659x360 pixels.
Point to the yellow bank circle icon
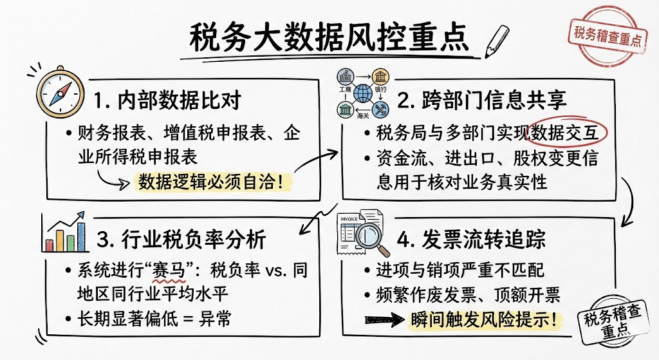tap(385, 75)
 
